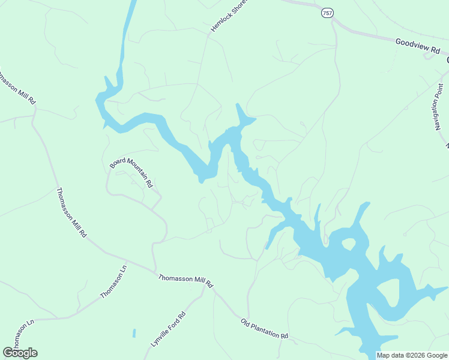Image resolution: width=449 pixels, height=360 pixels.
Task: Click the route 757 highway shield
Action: tap(327, 13)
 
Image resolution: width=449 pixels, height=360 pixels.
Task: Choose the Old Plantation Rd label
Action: tap(265, 329)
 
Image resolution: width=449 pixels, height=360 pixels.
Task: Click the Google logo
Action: tap(20, 353)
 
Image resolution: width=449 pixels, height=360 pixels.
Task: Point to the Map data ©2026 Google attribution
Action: tap(412, 355)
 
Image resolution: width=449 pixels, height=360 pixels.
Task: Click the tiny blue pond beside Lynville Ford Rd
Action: tap(134, 332)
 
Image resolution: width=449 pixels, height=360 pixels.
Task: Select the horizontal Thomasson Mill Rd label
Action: tap(186, 280)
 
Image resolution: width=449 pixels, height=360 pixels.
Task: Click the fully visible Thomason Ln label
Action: tap(114, 281)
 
